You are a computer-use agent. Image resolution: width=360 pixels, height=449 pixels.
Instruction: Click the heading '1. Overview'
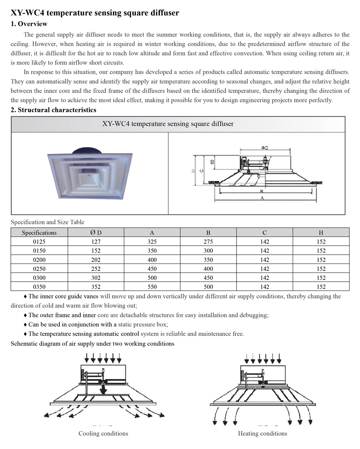coord(29,24)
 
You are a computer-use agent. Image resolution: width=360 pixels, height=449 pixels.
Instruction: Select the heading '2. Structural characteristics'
coord(53,110)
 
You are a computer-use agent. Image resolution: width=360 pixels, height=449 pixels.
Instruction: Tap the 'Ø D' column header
coord(96,233)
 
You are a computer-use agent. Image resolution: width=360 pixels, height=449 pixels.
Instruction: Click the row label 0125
coord(39,242)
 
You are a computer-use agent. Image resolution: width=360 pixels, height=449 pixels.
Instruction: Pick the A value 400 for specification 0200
coord(152,260)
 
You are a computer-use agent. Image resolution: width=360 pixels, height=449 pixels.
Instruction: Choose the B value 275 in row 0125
coord(208,242)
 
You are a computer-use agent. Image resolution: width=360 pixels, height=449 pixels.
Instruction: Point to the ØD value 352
coord(96,287)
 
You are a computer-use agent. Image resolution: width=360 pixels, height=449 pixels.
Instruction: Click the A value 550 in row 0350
coord(152,287)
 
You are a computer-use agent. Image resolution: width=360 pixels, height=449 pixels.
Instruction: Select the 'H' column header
coord(321,233)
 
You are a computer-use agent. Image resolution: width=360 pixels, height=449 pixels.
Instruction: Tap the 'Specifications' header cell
coord(39,233)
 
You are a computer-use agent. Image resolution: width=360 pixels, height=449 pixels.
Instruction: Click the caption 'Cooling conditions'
coord(103,434)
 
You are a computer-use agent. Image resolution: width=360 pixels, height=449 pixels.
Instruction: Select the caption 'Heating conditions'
coord(262,434)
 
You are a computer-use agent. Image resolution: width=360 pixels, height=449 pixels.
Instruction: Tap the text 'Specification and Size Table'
coord(48,222)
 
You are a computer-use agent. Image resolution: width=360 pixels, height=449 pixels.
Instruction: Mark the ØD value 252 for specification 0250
coord(96,269)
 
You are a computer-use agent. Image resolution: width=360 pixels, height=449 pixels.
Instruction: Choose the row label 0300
coord(39,278)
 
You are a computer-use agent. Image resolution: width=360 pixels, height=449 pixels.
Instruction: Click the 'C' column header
coord(265,233)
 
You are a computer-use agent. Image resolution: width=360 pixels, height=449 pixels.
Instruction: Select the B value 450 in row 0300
coord(208,278)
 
